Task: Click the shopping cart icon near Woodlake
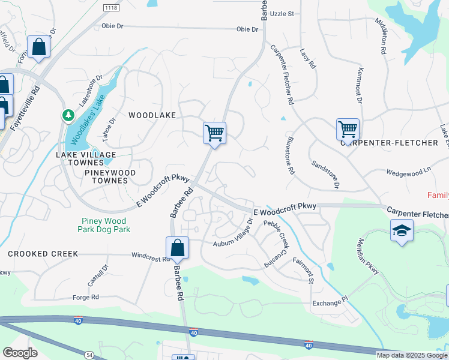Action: coord(214,133)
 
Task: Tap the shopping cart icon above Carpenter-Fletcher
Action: coord(348,129)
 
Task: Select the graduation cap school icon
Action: coord(401,230)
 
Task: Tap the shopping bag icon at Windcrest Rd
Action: coord(177,248)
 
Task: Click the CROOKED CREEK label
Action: coord(43,254)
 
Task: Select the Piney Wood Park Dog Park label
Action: coord(104,224)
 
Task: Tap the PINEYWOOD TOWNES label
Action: coord(106,176)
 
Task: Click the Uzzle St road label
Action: coord(282,13)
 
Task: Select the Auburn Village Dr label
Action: coord(235,236)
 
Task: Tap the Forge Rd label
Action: coord(86,297)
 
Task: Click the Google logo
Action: coord(20,353)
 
